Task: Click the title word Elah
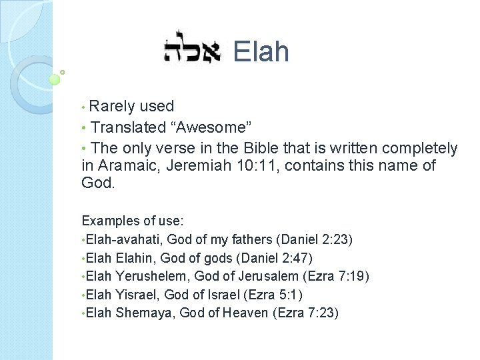pyautogui.click(x=261, y=51)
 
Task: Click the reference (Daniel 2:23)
pyautogui.click(x=315, y=239)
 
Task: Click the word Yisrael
pyautogui.click(x=135, y=294)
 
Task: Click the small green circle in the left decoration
pyautogui.click(x=55, y=79)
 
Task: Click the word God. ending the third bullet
pyautogui.click(x=98, y=183)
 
